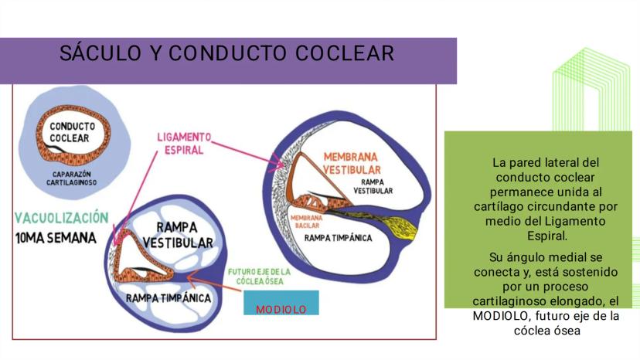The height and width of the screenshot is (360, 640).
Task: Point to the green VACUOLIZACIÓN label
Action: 62,218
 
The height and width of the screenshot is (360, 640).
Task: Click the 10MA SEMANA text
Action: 56,238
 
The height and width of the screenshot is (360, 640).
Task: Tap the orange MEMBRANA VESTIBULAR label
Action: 352,163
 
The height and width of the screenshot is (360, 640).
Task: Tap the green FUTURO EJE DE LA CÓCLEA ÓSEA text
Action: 259,277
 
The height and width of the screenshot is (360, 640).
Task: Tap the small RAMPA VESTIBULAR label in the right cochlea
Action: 373,186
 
